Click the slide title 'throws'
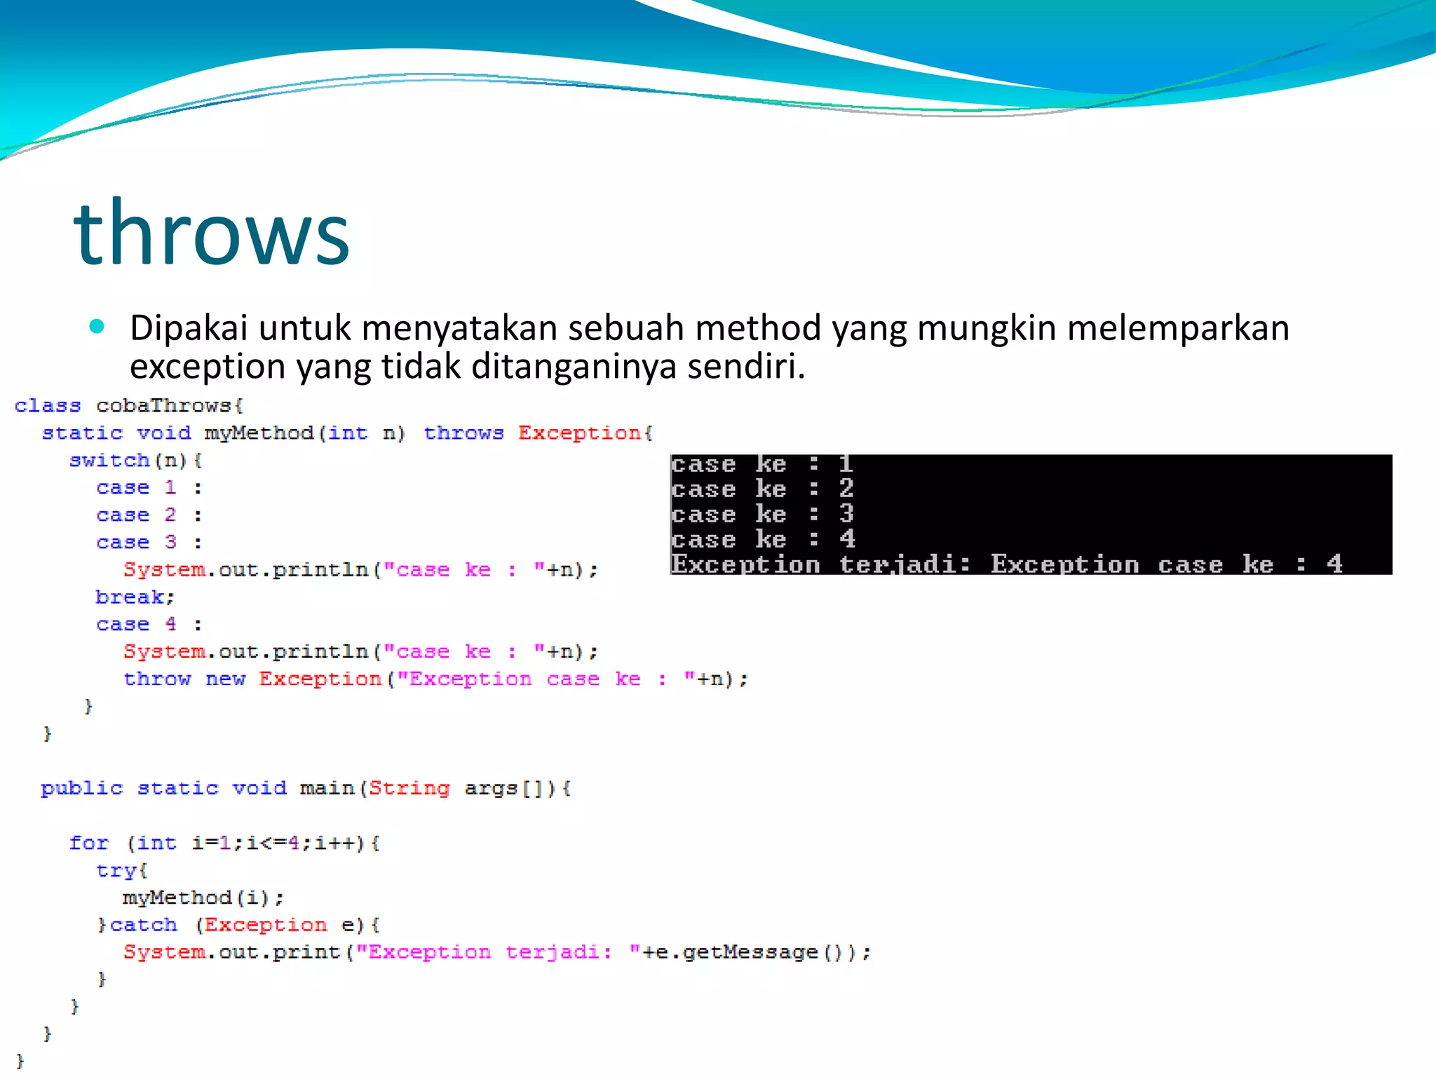click(x=211, y=233)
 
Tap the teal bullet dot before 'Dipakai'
click(x=97, y=326)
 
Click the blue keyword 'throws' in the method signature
click(x=463, y=433)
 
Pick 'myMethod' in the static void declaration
click(x=259, y=433)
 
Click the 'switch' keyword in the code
click(x=109, y=461)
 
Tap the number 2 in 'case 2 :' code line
click(x=170, y=515)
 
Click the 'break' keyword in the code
click(x=130, y=597)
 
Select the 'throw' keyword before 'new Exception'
click(x=157, y=679)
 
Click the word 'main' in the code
click(x=327, y=789)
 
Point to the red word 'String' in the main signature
click(x=409, y=789)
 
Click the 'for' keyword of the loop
click(x=89, y=844)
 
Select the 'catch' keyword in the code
click(x=144, y=926)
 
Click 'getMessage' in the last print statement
click(x=750, y=953)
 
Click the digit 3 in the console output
click(x=847, y=514)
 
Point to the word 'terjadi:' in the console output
click(x=905, y=564)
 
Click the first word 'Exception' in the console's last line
click(x=745, y=564)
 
